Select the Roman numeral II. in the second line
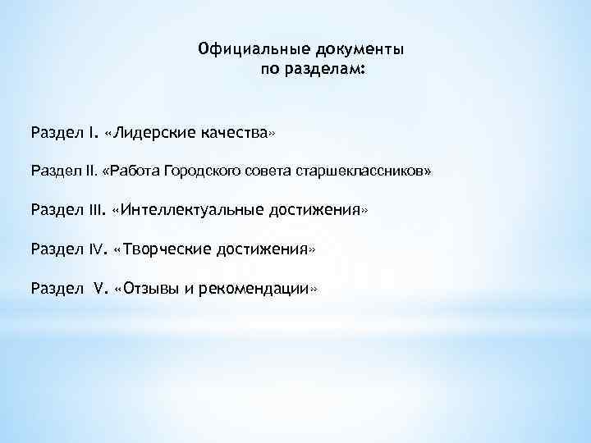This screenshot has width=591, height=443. (90, 171)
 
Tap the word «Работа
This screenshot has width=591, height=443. (131, 171)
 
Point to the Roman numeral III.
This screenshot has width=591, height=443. (97, 210)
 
